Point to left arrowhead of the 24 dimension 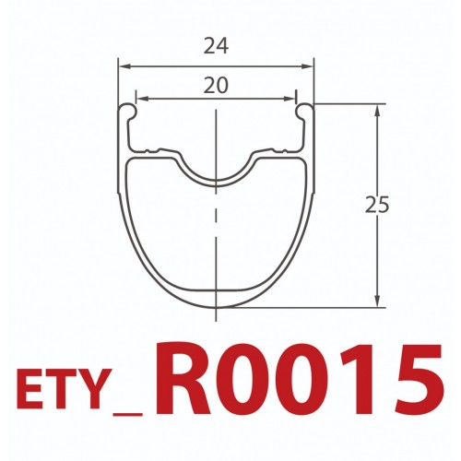pyautogui.click(x=124, y=66)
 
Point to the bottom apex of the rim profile pyautogui.click(x=216, y=307)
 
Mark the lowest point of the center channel pyautogui.click(x=216, y=180)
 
